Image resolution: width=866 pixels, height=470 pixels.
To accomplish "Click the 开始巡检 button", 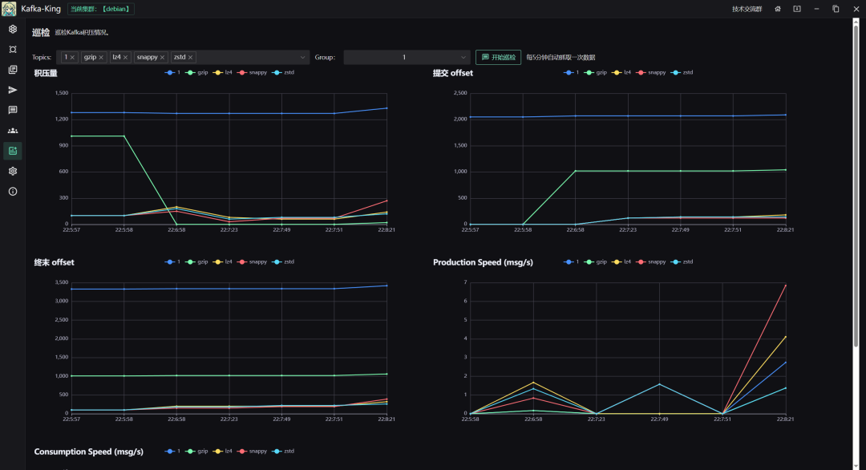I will pos(498,57).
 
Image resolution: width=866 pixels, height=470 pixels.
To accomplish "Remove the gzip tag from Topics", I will pos(101,58).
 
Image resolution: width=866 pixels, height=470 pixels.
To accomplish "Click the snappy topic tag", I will pos(146,58).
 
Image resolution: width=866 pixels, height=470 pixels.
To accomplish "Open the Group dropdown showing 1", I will pos(407,57).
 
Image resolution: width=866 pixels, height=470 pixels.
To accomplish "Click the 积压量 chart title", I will pos(46,73).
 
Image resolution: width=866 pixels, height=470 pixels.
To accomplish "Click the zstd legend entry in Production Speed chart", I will pos(683,261).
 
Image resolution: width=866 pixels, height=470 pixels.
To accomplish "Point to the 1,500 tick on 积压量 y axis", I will pos(62,93).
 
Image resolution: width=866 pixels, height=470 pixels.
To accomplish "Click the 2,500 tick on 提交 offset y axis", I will pos(460,93).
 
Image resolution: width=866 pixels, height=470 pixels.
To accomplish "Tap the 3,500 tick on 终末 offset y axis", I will pos(62,282).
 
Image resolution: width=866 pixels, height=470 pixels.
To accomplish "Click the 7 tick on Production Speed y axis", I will pos(465,282).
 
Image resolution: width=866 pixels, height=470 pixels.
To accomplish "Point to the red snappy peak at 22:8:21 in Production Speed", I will pos(786,285).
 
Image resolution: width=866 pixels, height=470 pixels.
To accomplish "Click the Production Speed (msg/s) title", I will pos(483,262).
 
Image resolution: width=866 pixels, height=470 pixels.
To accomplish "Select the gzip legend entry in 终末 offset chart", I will pos(200,261).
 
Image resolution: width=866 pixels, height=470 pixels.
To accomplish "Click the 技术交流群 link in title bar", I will pos(747,9).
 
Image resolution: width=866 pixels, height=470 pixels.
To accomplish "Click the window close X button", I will pos(855,9).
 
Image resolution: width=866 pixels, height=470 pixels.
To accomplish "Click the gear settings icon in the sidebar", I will pos(13,171).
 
